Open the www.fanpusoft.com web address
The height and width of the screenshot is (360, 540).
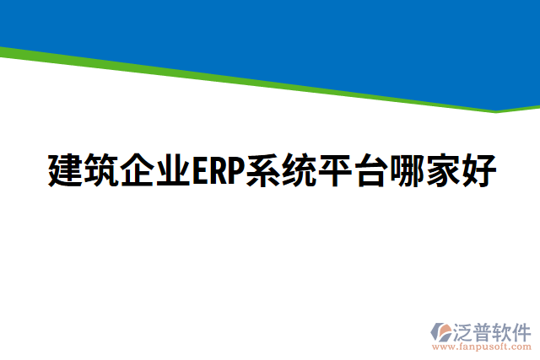481,347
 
